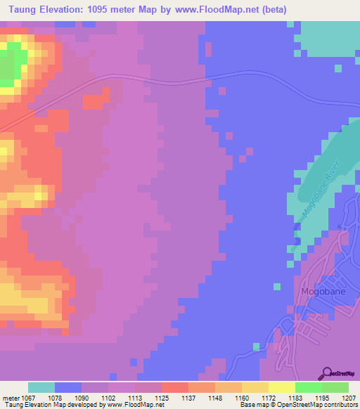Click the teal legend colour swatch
tap(41, 387)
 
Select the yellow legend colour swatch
tap(282, 387)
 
